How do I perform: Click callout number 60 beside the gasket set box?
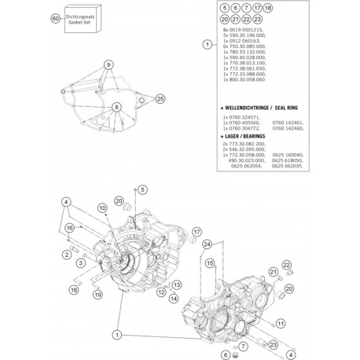coord(54,18)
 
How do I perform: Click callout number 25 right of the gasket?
coord(161,97)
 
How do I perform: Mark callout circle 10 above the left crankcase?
coord(102,207)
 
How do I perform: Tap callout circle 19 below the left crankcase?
coord(97,294)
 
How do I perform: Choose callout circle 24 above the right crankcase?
coord(208,245)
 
